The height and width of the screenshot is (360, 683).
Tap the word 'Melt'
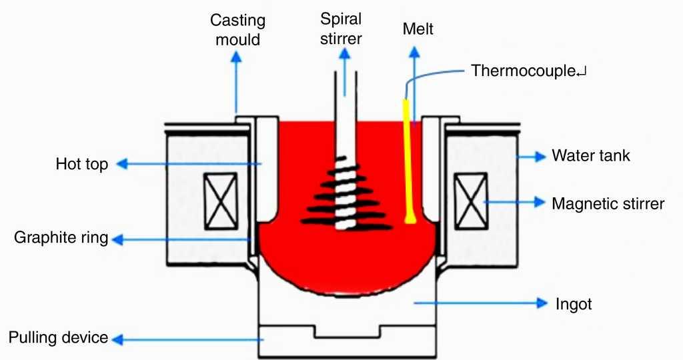(418, 29)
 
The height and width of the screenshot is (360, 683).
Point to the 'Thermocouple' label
(524, 71)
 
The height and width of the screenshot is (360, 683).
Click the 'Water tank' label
(590, 156)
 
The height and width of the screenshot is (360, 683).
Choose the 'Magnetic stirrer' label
(608, 203)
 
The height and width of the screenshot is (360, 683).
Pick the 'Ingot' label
(574, 304)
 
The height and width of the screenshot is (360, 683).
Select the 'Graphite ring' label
(61, 237)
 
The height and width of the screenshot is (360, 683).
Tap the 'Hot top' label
(81, 164)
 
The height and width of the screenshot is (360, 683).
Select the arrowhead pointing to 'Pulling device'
(118, 340)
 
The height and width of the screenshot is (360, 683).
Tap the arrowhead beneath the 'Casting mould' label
(235, 56)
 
